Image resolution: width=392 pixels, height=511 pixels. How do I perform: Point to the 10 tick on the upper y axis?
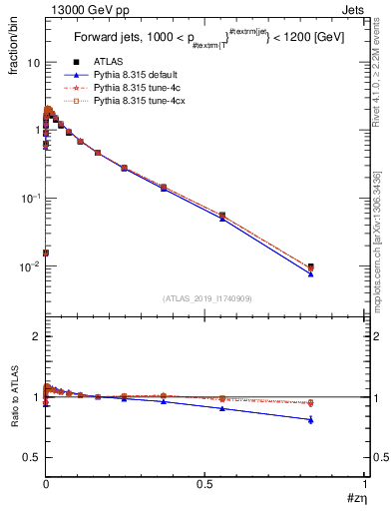coord(33,62)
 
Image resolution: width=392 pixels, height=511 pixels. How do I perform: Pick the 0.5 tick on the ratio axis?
coord(31,457)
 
